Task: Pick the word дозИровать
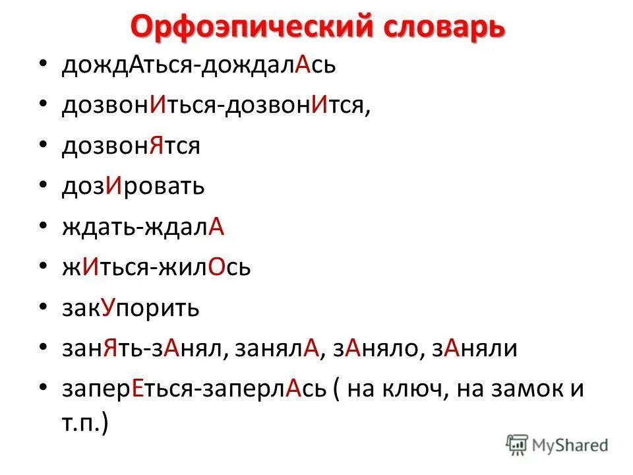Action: [x=133, y=187]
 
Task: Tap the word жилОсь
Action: [x=210, y=268]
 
